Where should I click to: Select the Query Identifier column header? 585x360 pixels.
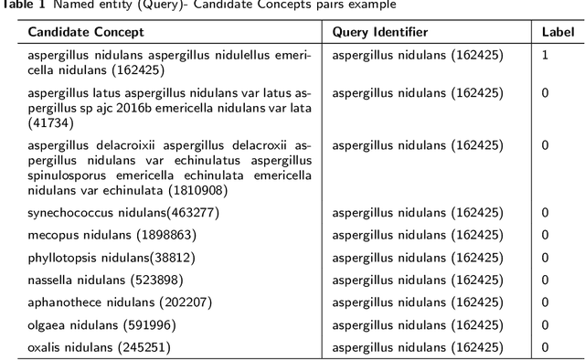[380, 32]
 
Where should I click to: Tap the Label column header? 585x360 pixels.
[557, 32]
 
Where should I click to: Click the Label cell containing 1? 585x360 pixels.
[545, 55]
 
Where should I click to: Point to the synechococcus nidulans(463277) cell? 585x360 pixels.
[123, 213]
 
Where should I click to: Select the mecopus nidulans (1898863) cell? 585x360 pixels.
[112, 235]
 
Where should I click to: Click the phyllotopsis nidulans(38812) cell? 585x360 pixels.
[111, 257]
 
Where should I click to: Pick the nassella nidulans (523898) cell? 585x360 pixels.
[105, 280]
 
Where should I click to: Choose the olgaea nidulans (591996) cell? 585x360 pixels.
[101, 324]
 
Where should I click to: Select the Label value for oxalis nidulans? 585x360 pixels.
[545, 347]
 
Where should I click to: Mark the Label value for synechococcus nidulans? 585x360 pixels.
[545, 213]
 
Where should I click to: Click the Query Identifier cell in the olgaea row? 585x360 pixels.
[417, 324]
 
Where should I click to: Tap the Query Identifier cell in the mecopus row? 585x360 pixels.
[417, 235]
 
